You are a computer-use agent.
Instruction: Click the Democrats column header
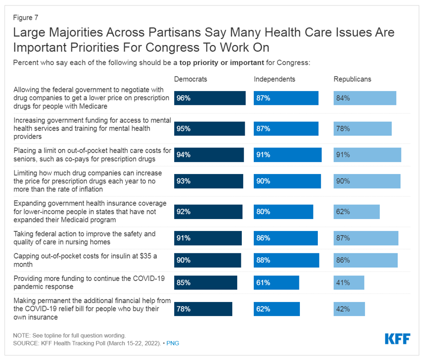pos(190,79)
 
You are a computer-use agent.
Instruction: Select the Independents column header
pos(274,79)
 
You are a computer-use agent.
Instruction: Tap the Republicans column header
pos(352,79)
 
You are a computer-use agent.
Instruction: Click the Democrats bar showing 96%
pos(210,98)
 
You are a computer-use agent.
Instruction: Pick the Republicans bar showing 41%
pos(349,282)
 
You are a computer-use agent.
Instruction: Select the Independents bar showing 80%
pos(283,211)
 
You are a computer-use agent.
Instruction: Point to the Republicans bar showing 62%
pos(356,211)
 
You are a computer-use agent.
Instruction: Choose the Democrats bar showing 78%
pos(203,309)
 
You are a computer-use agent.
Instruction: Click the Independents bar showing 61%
pos(276,282)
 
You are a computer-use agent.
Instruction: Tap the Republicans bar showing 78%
pos(362,128)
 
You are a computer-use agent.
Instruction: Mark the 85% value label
pos(183,282)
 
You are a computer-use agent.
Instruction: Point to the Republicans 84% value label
pos(343,98)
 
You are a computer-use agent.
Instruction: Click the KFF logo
pos(397,338)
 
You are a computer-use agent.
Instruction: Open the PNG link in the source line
pos(173,343)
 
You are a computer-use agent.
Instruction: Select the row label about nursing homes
pos(85,238)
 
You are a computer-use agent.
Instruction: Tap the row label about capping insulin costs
pos(85,260)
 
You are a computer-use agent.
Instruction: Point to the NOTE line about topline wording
pos(69,335)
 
